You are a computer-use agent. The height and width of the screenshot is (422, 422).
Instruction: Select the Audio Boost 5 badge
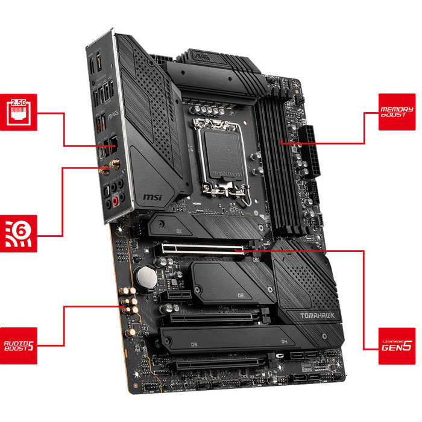tap(20, 345)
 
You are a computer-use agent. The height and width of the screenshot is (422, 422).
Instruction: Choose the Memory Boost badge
tap(397, 112)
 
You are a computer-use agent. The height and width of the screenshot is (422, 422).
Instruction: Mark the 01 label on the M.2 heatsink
tap(179, 230)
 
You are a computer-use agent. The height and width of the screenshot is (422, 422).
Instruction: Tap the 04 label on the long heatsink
tap(284, 342)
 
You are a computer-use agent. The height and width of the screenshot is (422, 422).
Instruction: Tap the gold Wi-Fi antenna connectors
tap(112, 168)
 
